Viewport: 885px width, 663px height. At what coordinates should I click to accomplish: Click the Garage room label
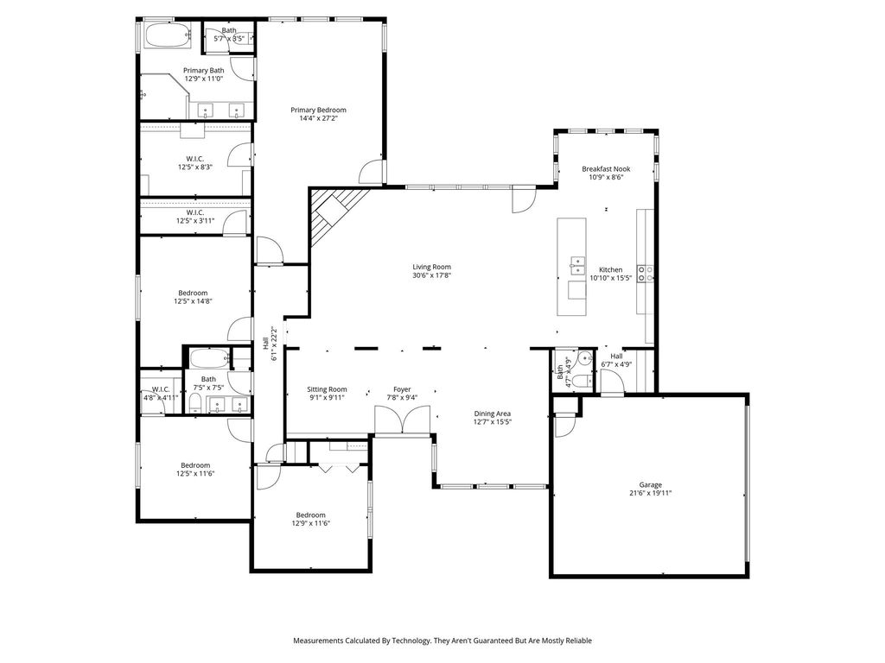pyautogui.click(x=650, y=485)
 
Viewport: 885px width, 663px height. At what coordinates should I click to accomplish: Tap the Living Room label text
pyautogui.click(x=432, y=268)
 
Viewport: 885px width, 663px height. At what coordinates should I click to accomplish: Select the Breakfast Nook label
pyautogui.click(x=606, y=168)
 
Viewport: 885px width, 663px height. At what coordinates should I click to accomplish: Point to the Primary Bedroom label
pyautogui.click(x=318, y=110)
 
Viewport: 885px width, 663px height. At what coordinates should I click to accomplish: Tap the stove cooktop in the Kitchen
pyautogui.click(x=645, y=274)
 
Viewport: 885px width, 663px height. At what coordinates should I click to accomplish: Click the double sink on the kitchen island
pyautogui.click(x=577, y=265)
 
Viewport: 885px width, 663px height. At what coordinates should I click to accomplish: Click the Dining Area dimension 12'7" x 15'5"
pyautogui.click(x=492, y=421)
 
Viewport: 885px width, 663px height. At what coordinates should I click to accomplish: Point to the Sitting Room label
pyautogui.click(x=327, y=389)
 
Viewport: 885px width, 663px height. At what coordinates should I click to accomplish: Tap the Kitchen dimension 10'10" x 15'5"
pyautogui.click(x=611, y=278)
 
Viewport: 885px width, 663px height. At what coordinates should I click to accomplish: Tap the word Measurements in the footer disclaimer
pyautogui.click(x=318, y=641)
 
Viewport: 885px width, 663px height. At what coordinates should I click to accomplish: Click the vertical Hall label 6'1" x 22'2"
pyautogui.click(x=270, y=344)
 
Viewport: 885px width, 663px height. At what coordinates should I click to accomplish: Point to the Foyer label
pyautogui.click(x=402, y=389)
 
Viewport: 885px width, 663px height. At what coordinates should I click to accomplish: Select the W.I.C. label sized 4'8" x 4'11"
pyautogui.click(x=161, y=389)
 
